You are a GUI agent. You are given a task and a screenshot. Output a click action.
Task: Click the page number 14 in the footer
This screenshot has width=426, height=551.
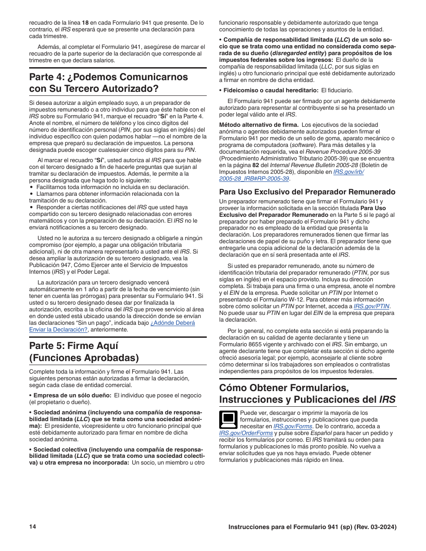32,527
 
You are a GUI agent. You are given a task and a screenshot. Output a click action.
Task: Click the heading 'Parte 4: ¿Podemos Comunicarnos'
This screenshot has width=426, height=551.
109,77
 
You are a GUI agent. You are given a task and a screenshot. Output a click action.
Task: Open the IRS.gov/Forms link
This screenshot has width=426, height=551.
293,426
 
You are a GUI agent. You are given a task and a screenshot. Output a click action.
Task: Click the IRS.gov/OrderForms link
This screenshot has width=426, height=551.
246,433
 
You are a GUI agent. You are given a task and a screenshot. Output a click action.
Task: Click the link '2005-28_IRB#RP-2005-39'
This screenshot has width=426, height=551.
254,178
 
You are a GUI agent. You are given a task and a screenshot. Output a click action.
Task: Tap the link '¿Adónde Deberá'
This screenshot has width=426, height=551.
173,323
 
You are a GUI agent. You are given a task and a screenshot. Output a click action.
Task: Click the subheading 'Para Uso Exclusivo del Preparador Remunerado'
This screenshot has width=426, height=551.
307,192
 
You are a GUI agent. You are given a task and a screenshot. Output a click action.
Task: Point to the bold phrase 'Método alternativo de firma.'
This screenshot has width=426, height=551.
259,125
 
